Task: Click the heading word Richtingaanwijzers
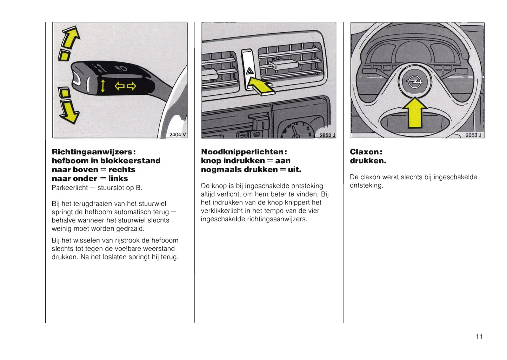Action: click(93, 152)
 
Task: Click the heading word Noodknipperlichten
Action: click(243, 152)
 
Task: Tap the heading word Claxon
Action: click(365, 152)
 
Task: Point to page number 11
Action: click(479, 337)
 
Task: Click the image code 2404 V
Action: click(178, 134)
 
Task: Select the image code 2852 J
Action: click(327, 135)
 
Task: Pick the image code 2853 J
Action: click(473, 135)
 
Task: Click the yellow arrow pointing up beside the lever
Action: click(71, 38)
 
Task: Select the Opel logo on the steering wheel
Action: click(414, 82)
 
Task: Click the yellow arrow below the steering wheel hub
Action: click(414, 113)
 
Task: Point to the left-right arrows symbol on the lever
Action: click(126, 86)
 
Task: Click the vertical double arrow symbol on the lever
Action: click(103, 86)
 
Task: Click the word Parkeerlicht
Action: click(69, 188)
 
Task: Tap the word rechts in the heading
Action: click(122, 169)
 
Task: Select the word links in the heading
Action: click(118, 179)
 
